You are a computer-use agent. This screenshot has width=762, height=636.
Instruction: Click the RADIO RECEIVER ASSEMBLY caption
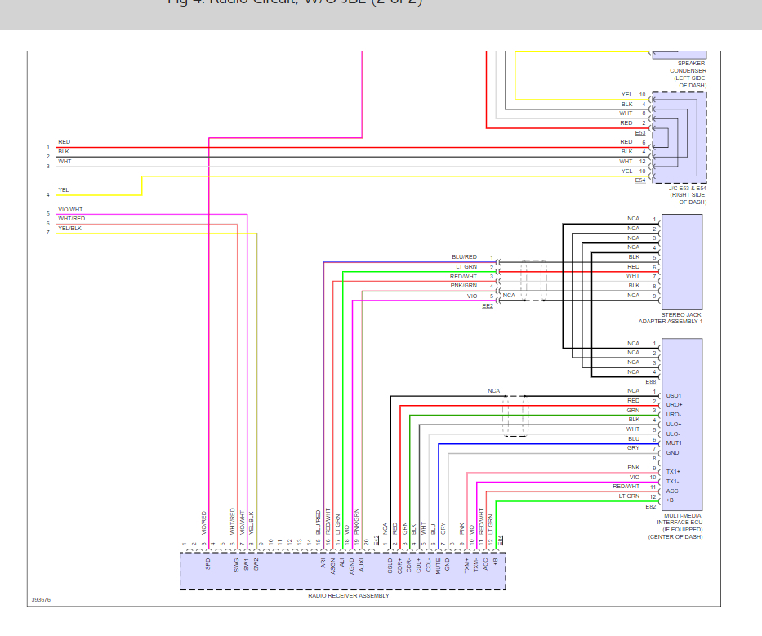point(342,596)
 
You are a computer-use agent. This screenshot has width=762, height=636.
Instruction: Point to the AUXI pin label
point(362,563)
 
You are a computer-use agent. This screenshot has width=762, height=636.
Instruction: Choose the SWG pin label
point(237,563)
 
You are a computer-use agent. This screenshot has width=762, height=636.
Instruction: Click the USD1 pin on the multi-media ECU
point(674,395)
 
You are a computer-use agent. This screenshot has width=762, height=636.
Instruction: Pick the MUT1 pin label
point(674,443)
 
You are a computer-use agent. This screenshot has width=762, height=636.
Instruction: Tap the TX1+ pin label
point(673,472)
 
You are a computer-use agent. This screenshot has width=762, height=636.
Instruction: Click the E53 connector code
point(639,132)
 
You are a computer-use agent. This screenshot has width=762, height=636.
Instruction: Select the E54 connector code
point(639,180)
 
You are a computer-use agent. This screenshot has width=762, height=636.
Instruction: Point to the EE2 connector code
point(488,305)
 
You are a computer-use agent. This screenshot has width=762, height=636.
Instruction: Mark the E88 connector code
point(651,381)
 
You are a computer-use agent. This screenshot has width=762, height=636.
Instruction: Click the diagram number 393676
point(41,600)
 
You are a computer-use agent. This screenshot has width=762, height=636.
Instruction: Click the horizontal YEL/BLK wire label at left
point(69,229)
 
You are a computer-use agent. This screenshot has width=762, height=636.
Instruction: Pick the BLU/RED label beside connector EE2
point(464,257)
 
